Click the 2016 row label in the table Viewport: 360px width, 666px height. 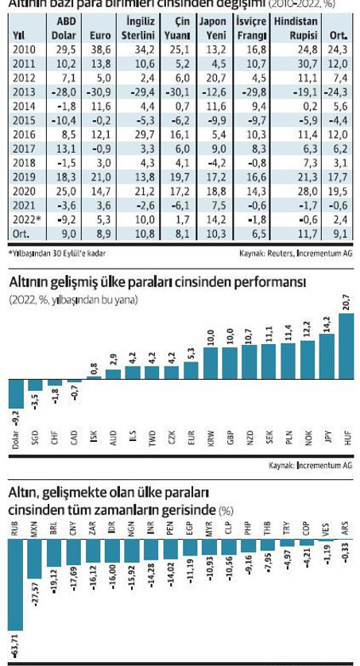(x=24, y=157)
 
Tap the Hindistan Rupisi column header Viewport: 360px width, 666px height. (x=295, y=29)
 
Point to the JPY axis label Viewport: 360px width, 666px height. (x=329, y=439)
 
